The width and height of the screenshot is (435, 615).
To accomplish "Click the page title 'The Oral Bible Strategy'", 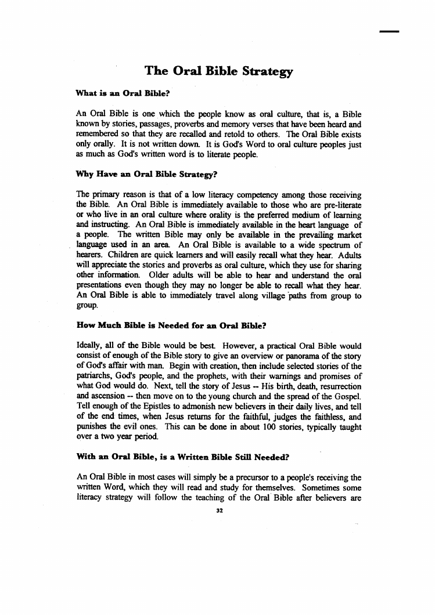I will coord(218,72).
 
